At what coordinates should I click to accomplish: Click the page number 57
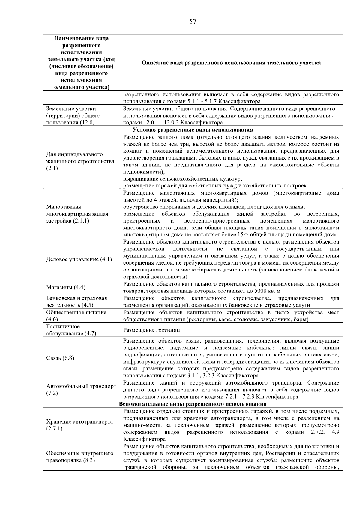[193, 22]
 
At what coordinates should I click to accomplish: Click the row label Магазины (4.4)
[66, 287]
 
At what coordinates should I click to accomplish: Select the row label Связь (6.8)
[60, 358]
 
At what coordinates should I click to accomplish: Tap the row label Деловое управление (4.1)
[79, 259]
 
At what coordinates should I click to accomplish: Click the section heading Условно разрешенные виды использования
[193, 130]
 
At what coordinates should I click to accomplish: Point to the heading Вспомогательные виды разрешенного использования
[193, 404]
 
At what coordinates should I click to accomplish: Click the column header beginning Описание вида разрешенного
[231, 63]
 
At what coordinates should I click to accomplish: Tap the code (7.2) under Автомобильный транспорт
[52, 393]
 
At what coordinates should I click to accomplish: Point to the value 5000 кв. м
[267, 291]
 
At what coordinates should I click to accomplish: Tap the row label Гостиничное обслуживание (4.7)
[71, 330]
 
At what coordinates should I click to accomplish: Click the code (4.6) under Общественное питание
[52, 319]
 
